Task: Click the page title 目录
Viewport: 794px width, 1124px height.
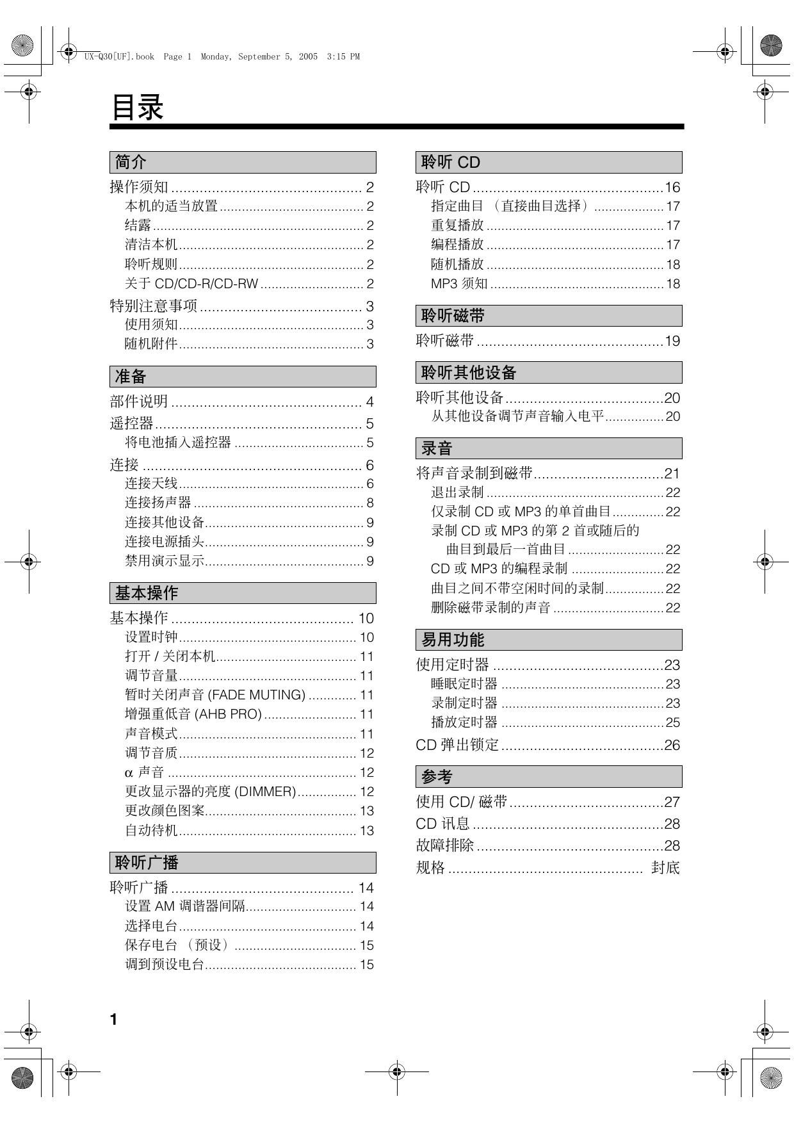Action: [138, 107]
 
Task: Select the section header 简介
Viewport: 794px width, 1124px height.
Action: [130, 162]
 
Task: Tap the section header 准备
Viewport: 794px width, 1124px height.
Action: [130, 377]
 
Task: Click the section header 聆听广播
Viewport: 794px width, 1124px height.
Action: [146, 863]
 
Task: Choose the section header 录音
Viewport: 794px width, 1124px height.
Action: [437, 448]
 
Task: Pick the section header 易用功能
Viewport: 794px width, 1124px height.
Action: [453, 640]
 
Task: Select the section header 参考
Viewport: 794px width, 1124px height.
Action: [437, 777]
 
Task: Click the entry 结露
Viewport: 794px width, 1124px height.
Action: [138, 225]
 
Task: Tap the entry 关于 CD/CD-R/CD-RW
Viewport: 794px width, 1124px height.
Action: [191, 284]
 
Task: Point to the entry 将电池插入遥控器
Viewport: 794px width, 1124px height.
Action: [177, 443]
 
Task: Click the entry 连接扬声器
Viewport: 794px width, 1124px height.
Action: [158, 503]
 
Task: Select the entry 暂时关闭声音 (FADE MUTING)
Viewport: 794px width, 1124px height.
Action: [215, 695]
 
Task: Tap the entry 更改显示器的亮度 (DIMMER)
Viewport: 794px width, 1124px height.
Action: [210, 792]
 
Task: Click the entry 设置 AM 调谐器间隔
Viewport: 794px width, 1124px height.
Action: [185, 906]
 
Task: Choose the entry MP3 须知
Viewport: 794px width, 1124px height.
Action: [459, 284]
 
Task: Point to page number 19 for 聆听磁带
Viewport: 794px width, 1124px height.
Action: [672, 341]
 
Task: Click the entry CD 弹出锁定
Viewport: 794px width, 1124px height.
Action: [457, 745]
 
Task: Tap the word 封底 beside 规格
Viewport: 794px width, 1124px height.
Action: [665, 868]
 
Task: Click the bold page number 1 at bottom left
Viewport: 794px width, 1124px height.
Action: [114, 1020]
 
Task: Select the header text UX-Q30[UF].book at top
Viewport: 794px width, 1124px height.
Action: [119, 57]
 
